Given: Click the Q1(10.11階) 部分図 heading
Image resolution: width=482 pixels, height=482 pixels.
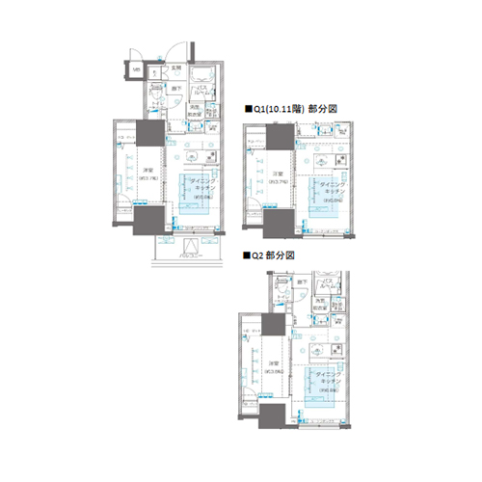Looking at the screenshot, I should click(295, 110).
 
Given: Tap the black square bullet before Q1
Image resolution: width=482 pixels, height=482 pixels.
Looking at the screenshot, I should click(248, 110).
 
